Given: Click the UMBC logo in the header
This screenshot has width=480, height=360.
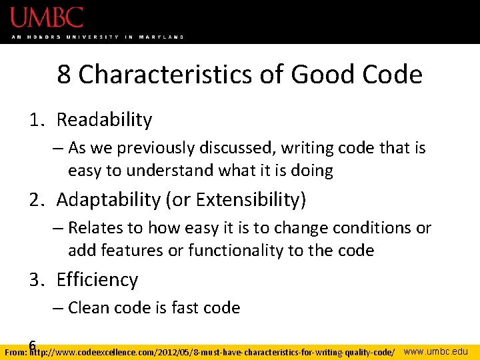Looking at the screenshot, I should [x=47, y=17].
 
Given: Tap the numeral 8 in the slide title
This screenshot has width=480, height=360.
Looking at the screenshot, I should [x=65, y=75].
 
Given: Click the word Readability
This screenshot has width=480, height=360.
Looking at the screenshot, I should [x=104, y=120].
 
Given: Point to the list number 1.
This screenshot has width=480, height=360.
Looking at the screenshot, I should [x=35, y=120].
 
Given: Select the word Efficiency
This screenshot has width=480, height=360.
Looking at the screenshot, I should [x=97, y=280].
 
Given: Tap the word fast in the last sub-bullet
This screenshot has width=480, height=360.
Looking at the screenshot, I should [x=187, y=308].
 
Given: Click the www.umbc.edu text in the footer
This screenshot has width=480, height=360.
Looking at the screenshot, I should [x=437, y=351].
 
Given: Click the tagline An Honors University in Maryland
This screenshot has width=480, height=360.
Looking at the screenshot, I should [x=97, y=37].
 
